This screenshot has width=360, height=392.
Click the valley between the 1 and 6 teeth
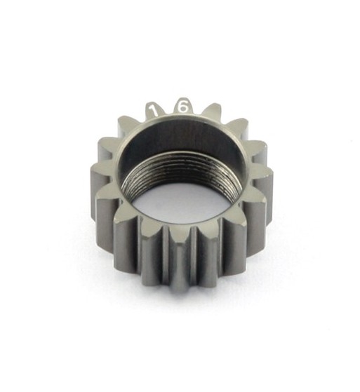(x=168, y=112)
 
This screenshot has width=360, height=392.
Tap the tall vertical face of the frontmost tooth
(x=176, y=270)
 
